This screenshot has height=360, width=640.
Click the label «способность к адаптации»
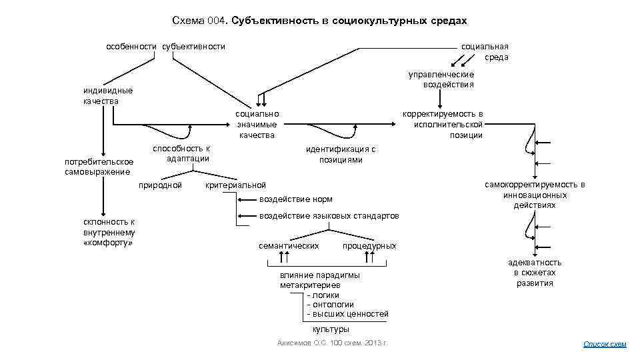181,153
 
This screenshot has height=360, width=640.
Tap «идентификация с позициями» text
341,154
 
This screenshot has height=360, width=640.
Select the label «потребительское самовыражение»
99,167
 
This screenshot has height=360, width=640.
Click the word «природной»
160,185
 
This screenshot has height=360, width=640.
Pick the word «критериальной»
236,185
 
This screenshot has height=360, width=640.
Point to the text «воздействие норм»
295,199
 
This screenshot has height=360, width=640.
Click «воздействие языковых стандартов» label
329,215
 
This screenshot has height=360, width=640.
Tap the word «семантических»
289,245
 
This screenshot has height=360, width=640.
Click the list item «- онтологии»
330,304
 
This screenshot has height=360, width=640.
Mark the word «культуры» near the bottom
331,329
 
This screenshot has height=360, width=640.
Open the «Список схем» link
605,344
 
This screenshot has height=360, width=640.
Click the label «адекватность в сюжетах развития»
535,272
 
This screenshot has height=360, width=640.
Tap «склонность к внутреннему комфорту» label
109,231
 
